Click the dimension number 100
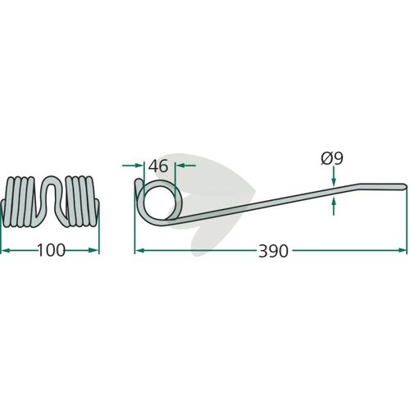(51, 250)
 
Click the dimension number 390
(273, 251)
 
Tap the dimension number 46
(158, 166)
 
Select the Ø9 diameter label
(332, 158)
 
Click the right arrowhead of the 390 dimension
(403, 250)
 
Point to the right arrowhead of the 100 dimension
(93, 250)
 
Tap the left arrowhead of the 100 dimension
(6, 250)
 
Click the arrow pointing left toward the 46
(185, 166)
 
